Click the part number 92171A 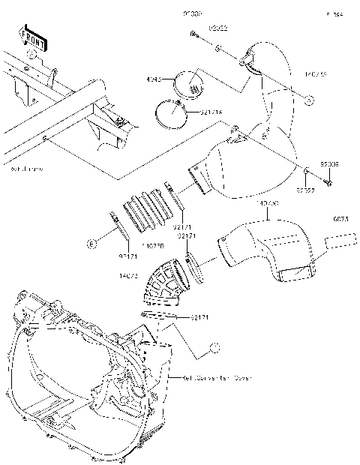pos(190,112)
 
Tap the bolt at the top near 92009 pos(193,34)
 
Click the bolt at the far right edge pos(328,180)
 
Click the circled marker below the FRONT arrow pos(31,58)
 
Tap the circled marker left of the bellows pos(91,244)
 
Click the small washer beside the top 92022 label pos(217,47)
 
